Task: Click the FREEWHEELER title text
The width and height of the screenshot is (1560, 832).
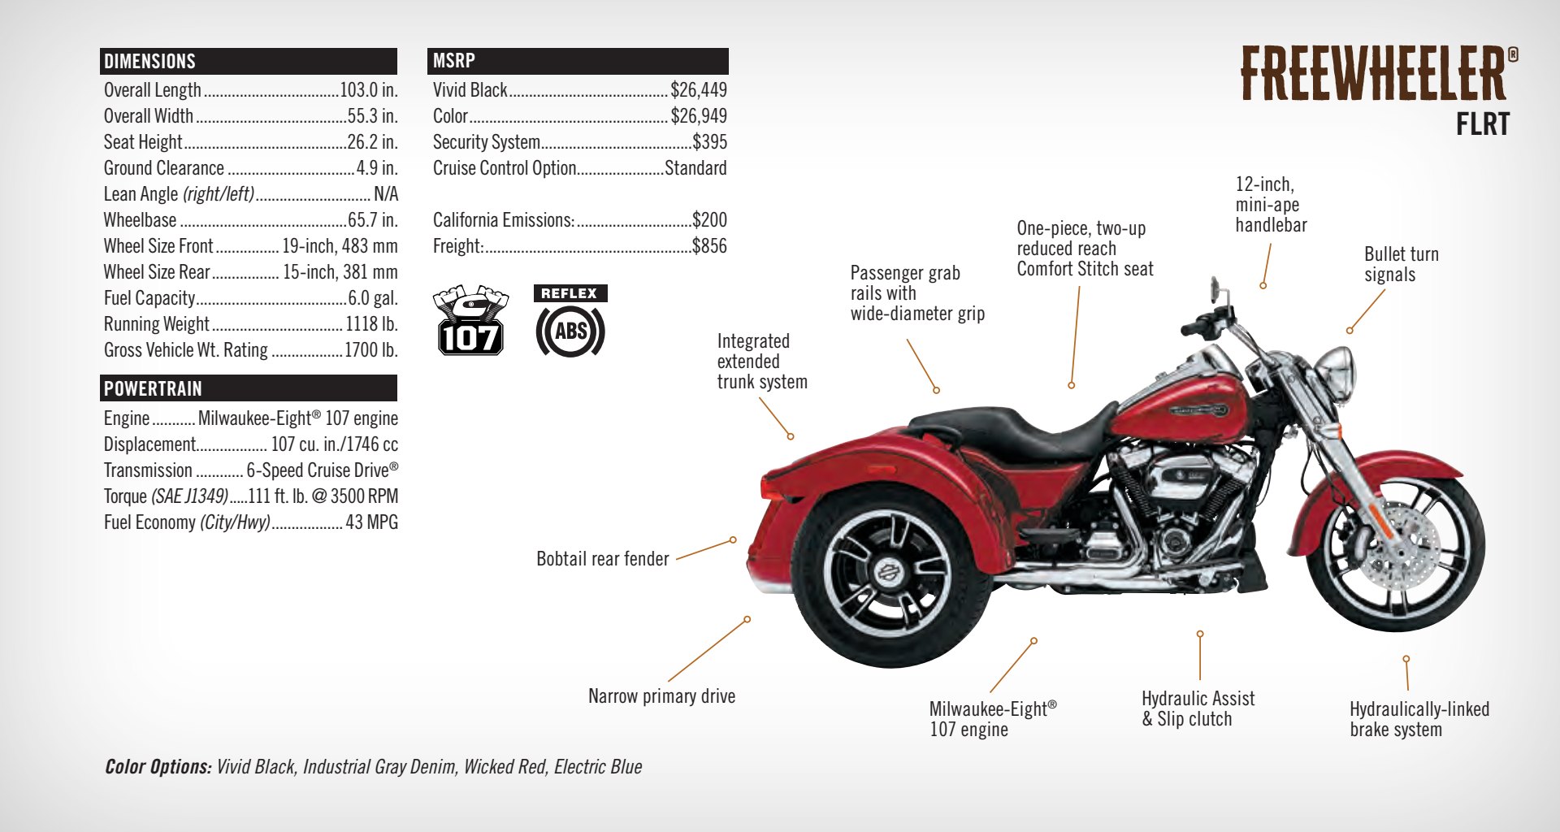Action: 1374,74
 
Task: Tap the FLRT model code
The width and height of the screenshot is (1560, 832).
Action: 1482,124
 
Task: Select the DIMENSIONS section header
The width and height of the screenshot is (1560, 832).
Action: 150,62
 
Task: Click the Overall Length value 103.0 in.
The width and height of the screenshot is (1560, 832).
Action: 368,90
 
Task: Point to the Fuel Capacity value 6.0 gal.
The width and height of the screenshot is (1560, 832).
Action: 372,298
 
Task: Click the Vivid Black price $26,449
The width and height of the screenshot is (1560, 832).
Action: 698,90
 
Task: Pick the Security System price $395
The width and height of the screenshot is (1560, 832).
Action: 709,142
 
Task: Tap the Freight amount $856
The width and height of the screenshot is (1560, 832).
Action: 709,246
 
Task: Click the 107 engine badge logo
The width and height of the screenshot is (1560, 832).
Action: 470,321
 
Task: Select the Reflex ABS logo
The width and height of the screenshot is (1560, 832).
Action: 570,322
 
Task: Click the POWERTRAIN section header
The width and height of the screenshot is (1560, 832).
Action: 153,389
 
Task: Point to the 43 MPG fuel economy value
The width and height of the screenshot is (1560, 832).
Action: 371,522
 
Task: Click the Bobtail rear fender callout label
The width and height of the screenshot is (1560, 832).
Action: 602,559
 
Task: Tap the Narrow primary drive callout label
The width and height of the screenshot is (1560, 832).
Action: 661,696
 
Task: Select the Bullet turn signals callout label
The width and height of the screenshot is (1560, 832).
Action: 1400,264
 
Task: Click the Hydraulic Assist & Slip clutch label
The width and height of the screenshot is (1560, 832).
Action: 1197,708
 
